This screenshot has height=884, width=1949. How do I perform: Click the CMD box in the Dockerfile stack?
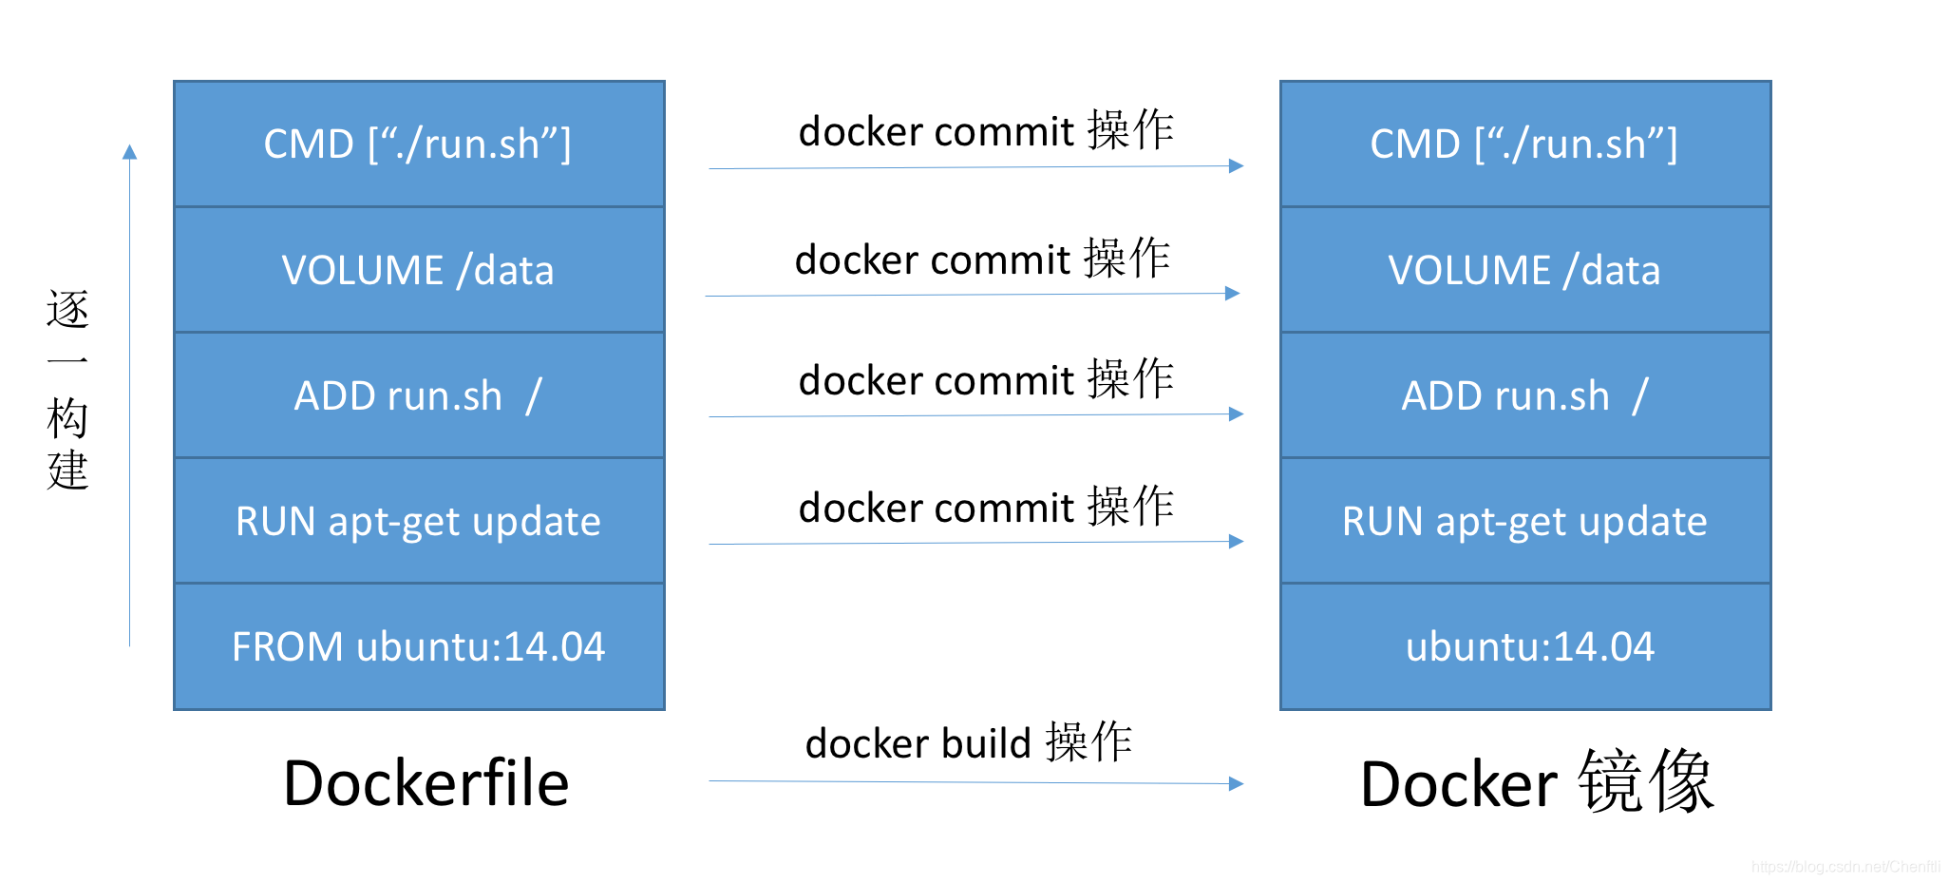418,144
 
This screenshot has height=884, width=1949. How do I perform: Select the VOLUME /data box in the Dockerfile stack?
418,270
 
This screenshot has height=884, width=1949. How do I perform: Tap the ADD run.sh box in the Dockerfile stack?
418,395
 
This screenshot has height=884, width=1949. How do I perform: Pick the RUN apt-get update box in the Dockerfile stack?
418,521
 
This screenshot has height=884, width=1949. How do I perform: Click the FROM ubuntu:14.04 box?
418,646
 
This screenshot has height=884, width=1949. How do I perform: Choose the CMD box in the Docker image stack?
1524,144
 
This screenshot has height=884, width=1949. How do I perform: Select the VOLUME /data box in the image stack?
1524,270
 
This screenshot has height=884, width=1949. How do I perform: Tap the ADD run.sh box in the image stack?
1524,395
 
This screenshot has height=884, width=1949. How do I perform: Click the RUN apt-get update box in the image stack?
1524,521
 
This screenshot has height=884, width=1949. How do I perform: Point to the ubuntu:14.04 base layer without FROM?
1529,646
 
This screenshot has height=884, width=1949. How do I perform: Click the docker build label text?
969,742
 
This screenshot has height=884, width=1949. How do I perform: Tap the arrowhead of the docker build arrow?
1236,783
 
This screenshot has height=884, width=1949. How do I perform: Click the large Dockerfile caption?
426,783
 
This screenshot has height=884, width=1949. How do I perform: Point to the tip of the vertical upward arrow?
130,150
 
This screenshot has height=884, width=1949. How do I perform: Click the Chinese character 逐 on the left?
67,310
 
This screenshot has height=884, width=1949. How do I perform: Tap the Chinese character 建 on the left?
67,471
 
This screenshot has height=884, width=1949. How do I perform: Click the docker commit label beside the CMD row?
986,130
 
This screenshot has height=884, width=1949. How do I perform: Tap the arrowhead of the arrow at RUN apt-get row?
1236,541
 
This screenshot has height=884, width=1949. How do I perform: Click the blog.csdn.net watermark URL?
1845,866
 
